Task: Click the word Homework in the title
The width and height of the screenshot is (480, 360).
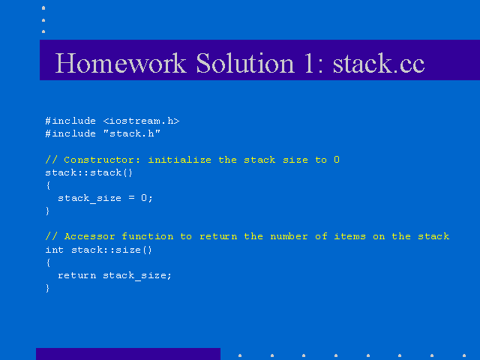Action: point(121,63)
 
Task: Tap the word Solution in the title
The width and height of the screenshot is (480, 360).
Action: point(245,63)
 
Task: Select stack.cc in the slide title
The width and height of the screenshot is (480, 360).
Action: point(379,64)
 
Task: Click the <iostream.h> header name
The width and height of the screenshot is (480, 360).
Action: point(141,121)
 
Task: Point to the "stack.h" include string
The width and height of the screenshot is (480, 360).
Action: point(132,133)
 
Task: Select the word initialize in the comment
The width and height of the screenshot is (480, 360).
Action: point(179,160)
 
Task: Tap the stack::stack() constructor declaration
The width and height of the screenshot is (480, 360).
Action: point(88,172)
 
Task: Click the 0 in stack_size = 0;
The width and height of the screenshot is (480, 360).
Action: point(144,198)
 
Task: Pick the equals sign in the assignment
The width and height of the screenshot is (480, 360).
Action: point(131,198)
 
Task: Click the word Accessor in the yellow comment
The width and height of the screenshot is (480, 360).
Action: point(90,237)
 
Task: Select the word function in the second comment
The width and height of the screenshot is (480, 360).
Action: point(148,236)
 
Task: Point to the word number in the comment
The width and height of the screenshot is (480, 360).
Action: point(289,236)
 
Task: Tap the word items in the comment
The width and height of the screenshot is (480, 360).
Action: point(350,236)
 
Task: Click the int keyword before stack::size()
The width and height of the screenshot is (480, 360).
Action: point(55,250)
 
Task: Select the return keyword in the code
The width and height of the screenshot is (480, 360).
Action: point(76,275)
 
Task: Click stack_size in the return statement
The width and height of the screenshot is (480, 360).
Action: point(133,276)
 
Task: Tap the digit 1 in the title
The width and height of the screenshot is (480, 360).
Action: point(309,63)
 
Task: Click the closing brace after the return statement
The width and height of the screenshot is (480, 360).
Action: point(47,288)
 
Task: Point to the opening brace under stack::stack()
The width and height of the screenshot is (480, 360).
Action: point(48,185)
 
